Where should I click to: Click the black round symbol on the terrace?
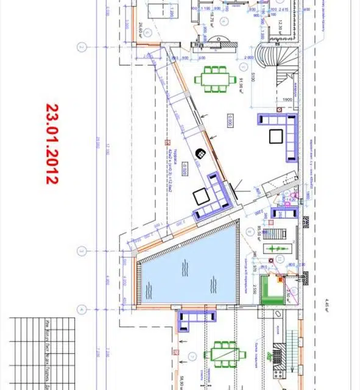[200, 154]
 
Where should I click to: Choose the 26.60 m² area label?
[141, 30]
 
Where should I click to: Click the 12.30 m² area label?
[281, 27]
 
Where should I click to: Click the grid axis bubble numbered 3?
[80, 250]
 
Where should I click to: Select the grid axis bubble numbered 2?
[80, 47]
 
